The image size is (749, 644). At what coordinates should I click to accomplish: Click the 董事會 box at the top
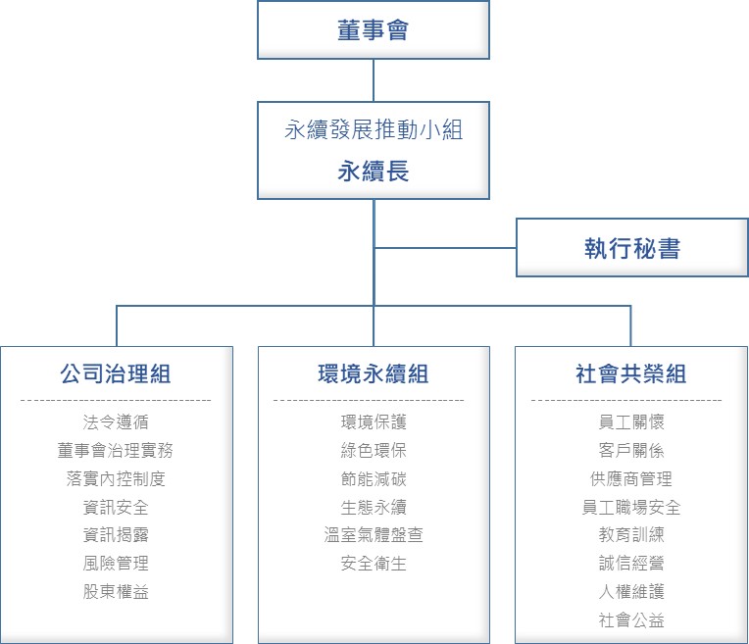click(374, 30)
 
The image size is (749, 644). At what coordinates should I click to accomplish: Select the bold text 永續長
click(374, 171)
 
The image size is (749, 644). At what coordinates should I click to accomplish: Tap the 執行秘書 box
click(632, 248)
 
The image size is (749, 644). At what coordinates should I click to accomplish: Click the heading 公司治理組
click(116, 373)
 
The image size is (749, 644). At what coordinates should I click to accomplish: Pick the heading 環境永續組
click(374, 373)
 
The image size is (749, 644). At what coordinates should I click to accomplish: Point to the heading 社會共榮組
click(631, 373)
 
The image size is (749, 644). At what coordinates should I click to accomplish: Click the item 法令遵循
click(116, 421)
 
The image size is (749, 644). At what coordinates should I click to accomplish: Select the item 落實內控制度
click(116, 478)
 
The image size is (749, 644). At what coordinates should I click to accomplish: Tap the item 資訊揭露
click(116, 534)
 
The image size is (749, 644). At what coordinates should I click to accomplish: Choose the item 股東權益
click(116, 591)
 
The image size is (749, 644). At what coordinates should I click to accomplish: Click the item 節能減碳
click(374, 478)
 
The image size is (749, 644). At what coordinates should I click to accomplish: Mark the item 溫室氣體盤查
click(374, 534)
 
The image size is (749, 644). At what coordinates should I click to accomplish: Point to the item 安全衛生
click(374, 564)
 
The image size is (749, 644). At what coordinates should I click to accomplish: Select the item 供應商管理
click(631, 478)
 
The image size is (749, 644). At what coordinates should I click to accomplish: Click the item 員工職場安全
click(631, 507)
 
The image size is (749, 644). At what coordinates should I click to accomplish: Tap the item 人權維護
click(631, 591)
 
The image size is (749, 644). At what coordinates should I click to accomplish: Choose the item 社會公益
click(631, 620)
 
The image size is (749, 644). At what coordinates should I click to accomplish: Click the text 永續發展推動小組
click(374, 129)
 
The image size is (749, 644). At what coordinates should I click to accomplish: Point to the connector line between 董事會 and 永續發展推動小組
click(374, 80)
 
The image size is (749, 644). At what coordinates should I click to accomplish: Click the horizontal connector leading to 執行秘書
click(445, 248)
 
